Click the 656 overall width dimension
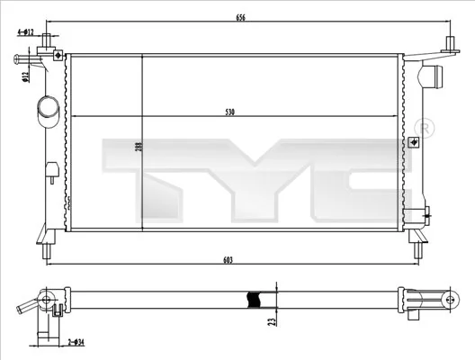[239, 16]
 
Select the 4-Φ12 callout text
[25, 32]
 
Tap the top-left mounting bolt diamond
[58, 56]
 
